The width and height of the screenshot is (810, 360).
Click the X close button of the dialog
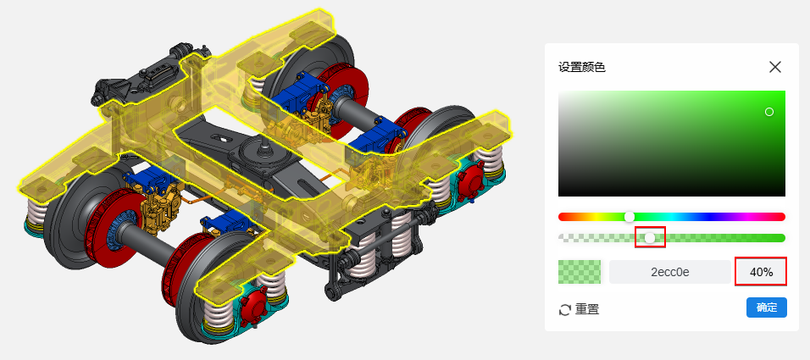pyautogui.click(x=775, y=67)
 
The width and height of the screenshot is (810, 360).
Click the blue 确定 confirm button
pyautogui.click(x=767, y=307)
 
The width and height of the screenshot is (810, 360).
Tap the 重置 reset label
pyautogui.click(x=587, y=309)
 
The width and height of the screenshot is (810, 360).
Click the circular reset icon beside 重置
pyautogui.click(x=565, y=310)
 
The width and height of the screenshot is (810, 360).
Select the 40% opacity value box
pyautogui.click(x=761, y=272)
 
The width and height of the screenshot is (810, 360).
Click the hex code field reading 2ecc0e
pyautogui.click(x=670, y=272)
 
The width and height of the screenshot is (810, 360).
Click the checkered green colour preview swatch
pyautogui.click(x=580, y=272)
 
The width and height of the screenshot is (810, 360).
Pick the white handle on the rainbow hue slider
pyautogui.click(x=630, y=217)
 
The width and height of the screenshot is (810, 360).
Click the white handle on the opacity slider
pyautogui.click(x=650, y=237)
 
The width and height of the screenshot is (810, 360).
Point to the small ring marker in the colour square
pyautogui.click(x=769, y=112)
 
